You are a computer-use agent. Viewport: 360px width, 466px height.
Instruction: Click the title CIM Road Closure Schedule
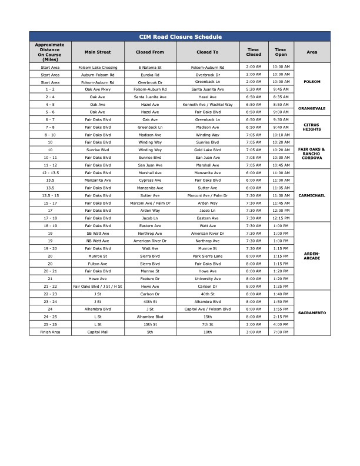(179, 36)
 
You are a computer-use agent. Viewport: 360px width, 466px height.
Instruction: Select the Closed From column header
(150, 52)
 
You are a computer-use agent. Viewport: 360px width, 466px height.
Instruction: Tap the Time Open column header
(281, 52)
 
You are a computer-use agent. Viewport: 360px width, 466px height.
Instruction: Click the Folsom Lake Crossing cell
(98, 68)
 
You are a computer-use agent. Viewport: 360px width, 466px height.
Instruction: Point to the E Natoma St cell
(150, 68)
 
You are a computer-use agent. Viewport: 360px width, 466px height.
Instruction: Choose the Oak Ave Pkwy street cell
(98, 89)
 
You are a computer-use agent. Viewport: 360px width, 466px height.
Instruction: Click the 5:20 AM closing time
(254, 89)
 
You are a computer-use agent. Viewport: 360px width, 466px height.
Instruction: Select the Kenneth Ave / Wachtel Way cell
(208, 104)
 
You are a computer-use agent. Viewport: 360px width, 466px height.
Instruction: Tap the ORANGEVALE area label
(312, 108)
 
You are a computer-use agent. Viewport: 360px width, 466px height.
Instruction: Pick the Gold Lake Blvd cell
(208, 149)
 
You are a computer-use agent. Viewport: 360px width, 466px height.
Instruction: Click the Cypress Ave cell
(150, 180)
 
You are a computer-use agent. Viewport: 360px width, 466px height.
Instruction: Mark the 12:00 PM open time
(281, 210)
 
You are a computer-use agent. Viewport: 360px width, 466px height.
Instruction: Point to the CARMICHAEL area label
(312, 195)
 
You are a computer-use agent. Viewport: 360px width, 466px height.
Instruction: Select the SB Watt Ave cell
(98, 233)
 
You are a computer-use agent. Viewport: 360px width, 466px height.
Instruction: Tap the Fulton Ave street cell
(98, 264)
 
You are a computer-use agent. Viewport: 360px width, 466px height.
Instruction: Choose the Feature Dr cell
(150, 279)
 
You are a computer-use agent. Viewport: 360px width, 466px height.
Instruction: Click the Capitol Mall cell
(98, 332)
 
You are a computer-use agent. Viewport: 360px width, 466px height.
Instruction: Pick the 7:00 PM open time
(281, 332)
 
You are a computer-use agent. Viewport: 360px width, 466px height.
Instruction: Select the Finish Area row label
(50, 332)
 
